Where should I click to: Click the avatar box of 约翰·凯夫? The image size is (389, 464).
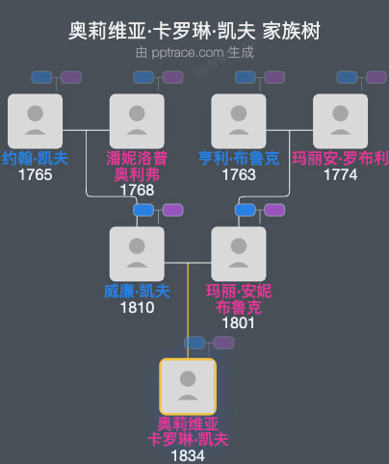click(x=35, y=120)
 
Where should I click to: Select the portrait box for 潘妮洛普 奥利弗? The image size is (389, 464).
click(x=137, y=120)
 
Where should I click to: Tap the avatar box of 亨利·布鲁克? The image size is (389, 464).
click(x=239, y=120)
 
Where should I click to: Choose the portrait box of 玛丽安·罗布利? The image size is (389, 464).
click(x=340, y=120)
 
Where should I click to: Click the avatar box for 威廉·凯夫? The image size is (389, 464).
click(x=137, y=253)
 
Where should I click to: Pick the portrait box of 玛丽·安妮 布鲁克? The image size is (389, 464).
click(x=239, y=253)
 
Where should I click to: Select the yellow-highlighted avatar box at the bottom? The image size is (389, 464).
click(x=188, y=386)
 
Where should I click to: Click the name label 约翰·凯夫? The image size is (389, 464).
click(x=35, y=159)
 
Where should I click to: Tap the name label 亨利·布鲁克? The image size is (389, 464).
click(x=239, y=159)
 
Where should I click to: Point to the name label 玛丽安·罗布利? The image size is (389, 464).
click(x=340, y=159)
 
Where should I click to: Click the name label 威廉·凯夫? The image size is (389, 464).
click(x=137, y=292)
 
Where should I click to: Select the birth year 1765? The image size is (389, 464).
click(x=35, y=174)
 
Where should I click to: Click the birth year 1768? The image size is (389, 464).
click(x=137, y=190)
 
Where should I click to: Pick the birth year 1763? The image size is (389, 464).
click(x=239, y=174)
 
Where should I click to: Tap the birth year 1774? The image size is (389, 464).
click(x=340, y=174)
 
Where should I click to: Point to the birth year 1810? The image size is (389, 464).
click(x=137, y=307)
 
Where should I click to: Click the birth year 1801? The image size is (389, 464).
click(x=239, y=322)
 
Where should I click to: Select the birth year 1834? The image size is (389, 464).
click(x=188, y=455)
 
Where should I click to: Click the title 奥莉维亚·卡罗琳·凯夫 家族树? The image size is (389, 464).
click(x=194, y=31)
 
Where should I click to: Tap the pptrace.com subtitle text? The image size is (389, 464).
click(x=194, y=53)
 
